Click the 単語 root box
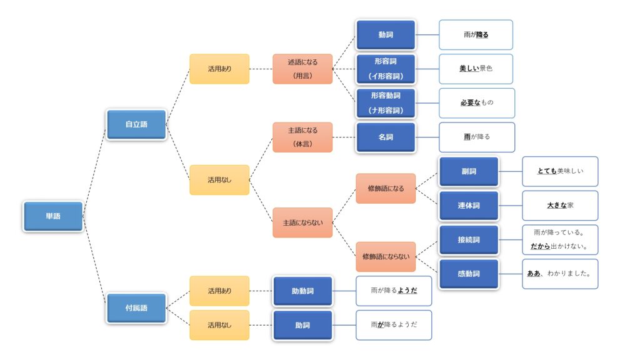[x=53, y=216]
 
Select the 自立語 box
[x=136, y=124]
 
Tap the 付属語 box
[x=136, y=308]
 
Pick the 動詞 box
[x=386, y=35]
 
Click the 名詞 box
[x=386, y=137]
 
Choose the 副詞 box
[x=469, y=171]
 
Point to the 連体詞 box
[x=469, y=205]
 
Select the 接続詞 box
[x=469, y=239]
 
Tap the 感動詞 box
[x=469, y=274]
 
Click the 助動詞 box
[x=302, y=291]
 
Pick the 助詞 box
[x=302, y=325]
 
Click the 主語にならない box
[x=302, y=222]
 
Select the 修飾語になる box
[x=386, y=188]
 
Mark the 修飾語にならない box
[x=386, y=256]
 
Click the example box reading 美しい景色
[x=476, y=69]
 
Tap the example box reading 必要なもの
[x=477, y=102]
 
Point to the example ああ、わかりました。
[x=559, y=274]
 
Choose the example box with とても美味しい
[x=559, y=171]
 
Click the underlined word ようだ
[x=407, y=291]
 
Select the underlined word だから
[x=541, y=246]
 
